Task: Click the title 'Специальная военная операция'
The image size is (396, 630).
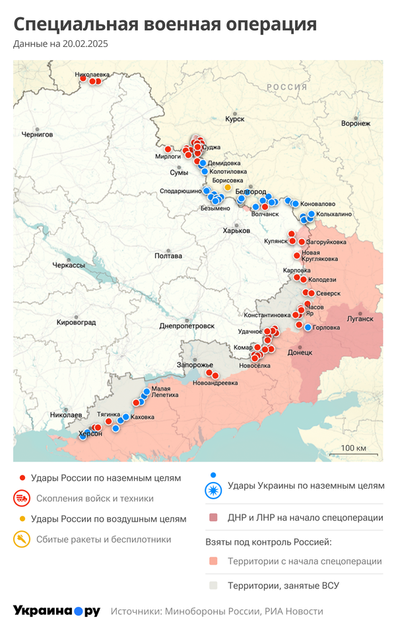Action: tap(165, 24)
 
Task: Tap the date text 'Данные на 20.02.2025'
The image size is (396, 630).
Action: tap(60, 44)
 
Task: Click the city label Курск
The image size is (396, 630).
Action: tap(234, 119)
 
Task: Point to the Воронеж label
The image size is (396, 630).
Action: tap(356, 123)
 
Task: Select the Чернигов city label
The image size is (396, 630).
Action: tap(37, 133)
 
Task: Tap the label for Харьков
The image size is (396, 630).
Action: tap(236, 230)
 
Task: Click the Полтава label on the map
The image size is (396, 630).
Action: tap(167, 256)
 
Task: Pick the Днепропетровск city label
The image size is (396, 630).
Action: tap(187, 326)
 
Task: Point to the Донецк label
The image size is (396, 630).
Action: tap(300, 353)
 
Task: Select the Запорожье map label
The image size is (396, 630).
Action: tap(195, 365)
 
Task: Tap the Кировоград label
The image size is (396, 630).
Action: tap(77, 322)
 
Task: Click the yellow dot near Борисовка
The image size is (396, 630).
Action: tap(228, 188)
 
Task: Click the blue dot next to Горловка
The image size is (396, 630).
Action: tap(308, 327)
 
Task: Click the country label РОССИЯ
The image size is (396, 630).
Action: tap(287, 87)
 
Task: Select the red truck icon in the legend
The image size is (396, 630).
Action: tap(22, 498)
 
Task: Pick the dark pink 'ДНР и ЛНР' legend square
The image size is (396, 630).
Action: tap(213, 518)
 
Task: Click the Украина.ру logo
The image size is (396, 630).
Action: tap(57, 611)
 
